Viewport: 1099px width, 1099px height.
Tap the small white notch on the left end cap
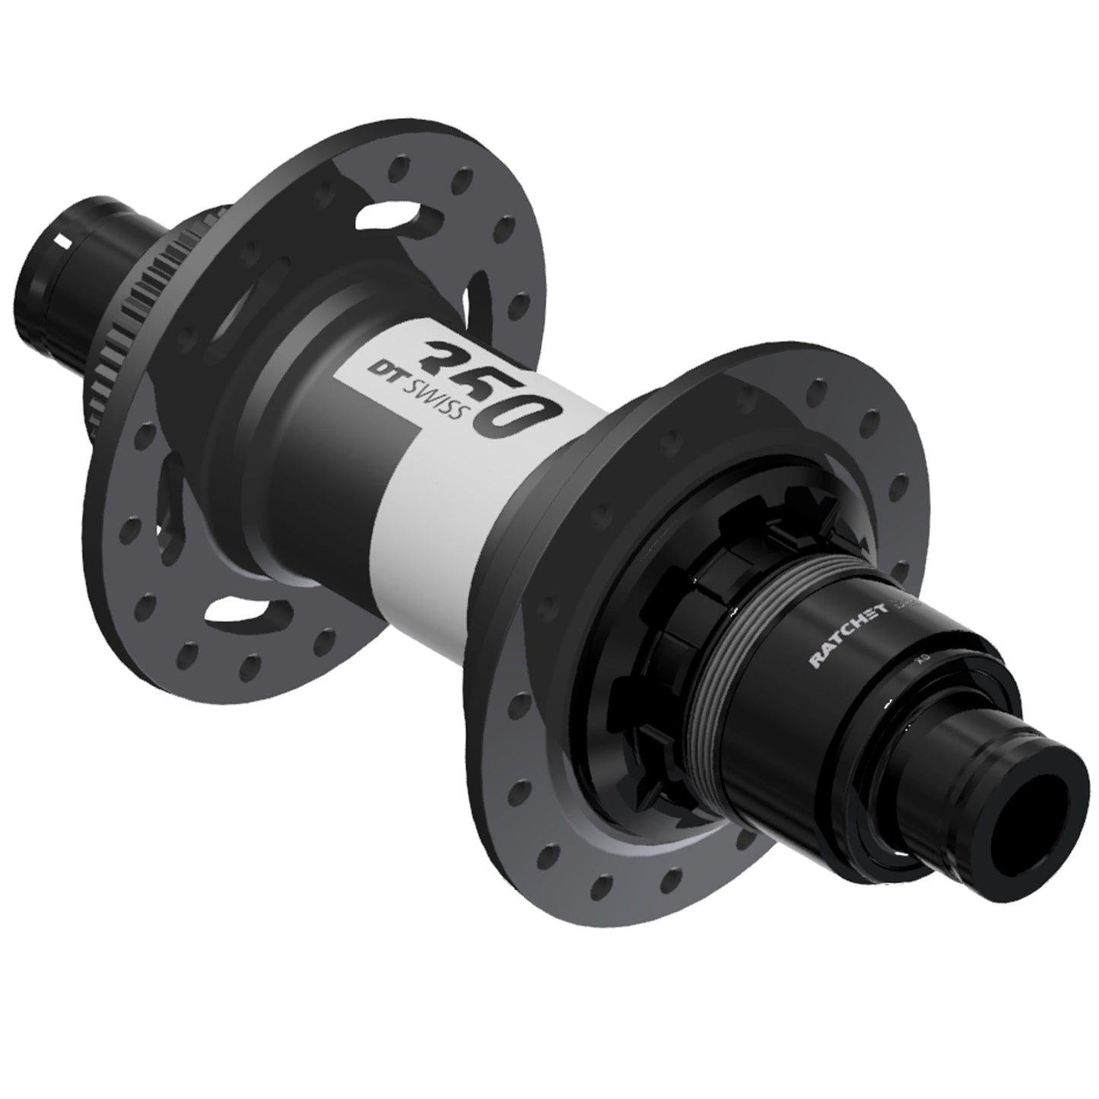coord(65,241)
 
